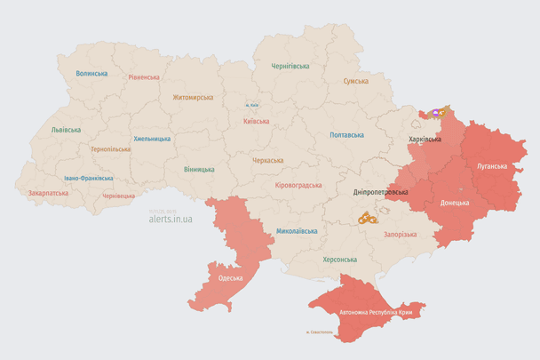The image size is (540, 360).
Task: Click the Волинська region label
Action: pyautogui.click(x=91, y=74)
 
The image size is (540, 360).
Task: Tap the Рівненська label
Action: pyautogui.click(x=143, y=77)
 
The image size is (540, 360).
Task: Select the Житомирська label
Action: pyautogui.click(x=193, y=97)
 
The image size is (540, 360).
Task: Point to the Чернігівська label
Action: pyautogui.click(x=290, y=66)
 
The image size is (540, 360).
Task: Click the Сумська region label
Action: pyautogui.click(x=355, y=81)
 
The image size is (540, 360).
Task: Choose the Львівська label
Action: pyautogui.click(x=66, y=130)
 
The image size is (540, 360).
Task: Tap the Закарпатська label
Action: pyautogui.click(x=48, y=192)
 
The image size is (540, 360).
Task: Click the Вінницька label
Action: pyautogui.click(x=199, y=169)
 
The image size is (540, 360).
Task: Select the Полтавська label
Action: pyautogui.click(x=346, y=135)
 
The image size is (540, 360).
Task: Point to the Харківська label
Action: pyautogui.click(x=425, y=140)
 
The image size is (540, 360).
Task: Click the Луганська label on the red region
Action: pyautogui.click(x=492, y=166)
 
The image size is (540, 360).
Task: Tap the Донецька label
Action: pyautogui.click(x=456, y=202)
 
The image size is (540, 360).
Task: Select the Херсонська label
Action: pyautogui.click(x=339, y=260)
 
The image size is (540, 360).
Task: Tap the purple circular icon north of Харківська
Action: pyautogui.click(x=435, y=113)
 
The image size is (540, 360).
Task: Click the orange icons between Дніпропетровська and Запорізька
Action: pyautogui.click(x=368, y=218)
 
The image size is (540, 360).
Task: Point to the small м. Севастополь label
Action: pyautogui.click(x=319, y=333)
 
